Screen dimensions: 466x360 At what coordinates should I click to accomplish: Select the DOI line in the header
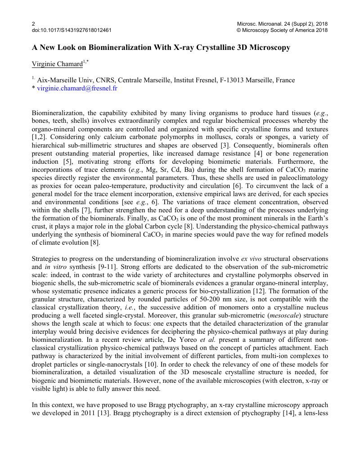(x=72, y=30)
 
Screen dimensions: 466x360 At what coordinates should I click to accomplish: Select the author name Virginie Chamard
(x=57, y=64)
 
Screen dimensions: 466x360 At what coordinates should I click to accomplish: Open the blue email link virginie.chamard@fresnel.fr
(x=77, y=88)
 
